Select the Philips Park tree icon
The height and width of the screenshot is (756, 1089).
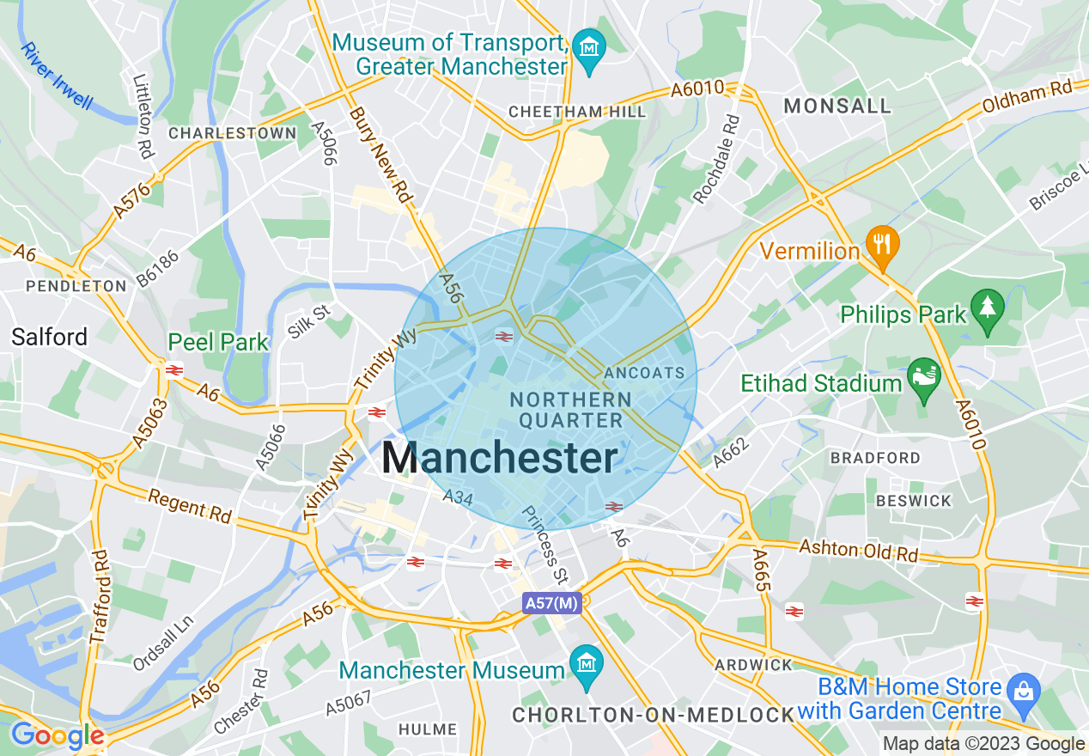987,307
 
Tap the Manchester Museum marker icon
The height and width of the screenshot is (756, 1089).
587,665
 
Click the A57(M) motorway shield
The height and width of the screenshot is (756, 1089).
552,603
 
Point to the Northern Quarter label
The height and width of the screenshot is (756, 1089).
570,410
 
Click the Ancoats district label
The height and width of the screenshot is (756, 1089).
644,373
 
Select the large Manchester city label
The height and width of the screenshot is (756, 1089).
499,459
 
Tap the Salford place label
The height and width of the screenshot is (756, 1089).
50,337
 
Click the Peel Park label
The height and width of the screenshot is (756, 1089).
218,342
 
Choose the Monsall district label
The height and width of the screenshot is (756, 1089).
837,106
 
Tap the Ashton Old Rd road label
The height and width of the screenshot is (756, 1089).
858,551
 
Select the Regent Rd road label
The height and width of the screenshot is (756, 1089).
190,506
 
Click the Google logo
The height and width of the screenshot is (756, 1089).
57,736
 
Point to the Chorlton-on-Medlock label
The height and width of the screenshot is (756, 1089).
653,715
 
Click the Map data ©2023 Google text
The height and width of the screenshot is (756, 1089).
984,744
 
